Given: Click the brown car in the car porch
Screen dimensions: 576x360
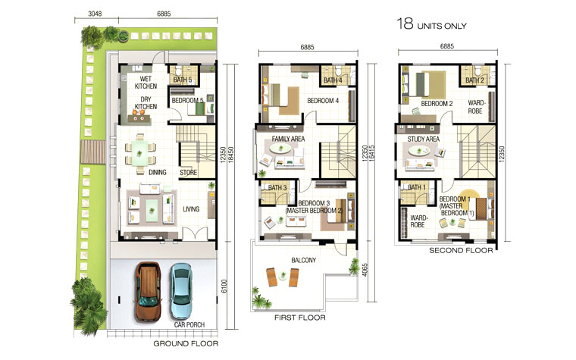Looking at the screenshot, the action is [149, 292].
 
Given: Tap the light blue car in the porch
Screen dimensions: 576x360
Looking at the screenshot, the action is [180, 291].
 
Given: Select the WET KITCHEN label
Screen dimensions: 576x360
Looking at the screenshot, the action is [146, 83].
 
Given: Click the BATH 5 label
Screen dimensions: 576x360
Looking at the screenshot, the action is [183, 80].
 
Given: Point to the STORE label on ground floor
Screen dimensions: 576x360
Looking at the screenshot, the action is [189, 172].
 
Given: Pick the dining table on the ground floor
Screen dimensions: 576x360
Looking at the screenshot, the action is [140, 154].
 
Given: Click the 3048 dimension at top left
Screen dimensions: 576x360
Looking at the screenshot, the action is [95, 14].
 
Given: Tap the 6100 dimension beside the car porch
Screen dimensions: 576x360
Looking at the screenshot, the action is [224, 286].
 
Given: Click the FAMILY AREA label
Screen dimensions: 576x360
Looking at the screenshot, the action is [288, 139].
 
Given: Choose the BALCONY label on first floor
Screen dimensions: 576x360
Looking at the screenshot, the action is [303, 260].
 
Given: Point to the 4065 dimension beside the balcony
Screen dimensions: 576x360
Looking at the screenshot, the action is [365, 270].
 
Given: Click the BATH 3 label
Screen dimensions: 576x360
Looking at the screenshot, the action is [277, 188].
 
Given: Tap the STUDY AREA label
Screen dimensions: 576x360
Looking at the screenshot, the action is [423, 139].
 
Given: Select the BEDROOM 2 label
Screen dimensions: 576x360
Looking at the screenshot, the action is [437, 104].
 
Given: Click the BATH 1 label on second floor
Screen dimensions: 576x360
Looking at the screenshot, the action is [417, 187].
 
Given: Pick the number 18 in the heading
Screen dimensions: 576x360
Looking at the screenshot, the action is [405, 24].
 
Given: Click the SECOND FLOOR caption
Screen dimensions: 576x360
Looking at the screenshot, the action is [461, 251].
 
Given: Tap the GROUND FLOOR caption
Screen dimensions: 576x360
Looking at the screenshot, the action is [186, 344].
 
